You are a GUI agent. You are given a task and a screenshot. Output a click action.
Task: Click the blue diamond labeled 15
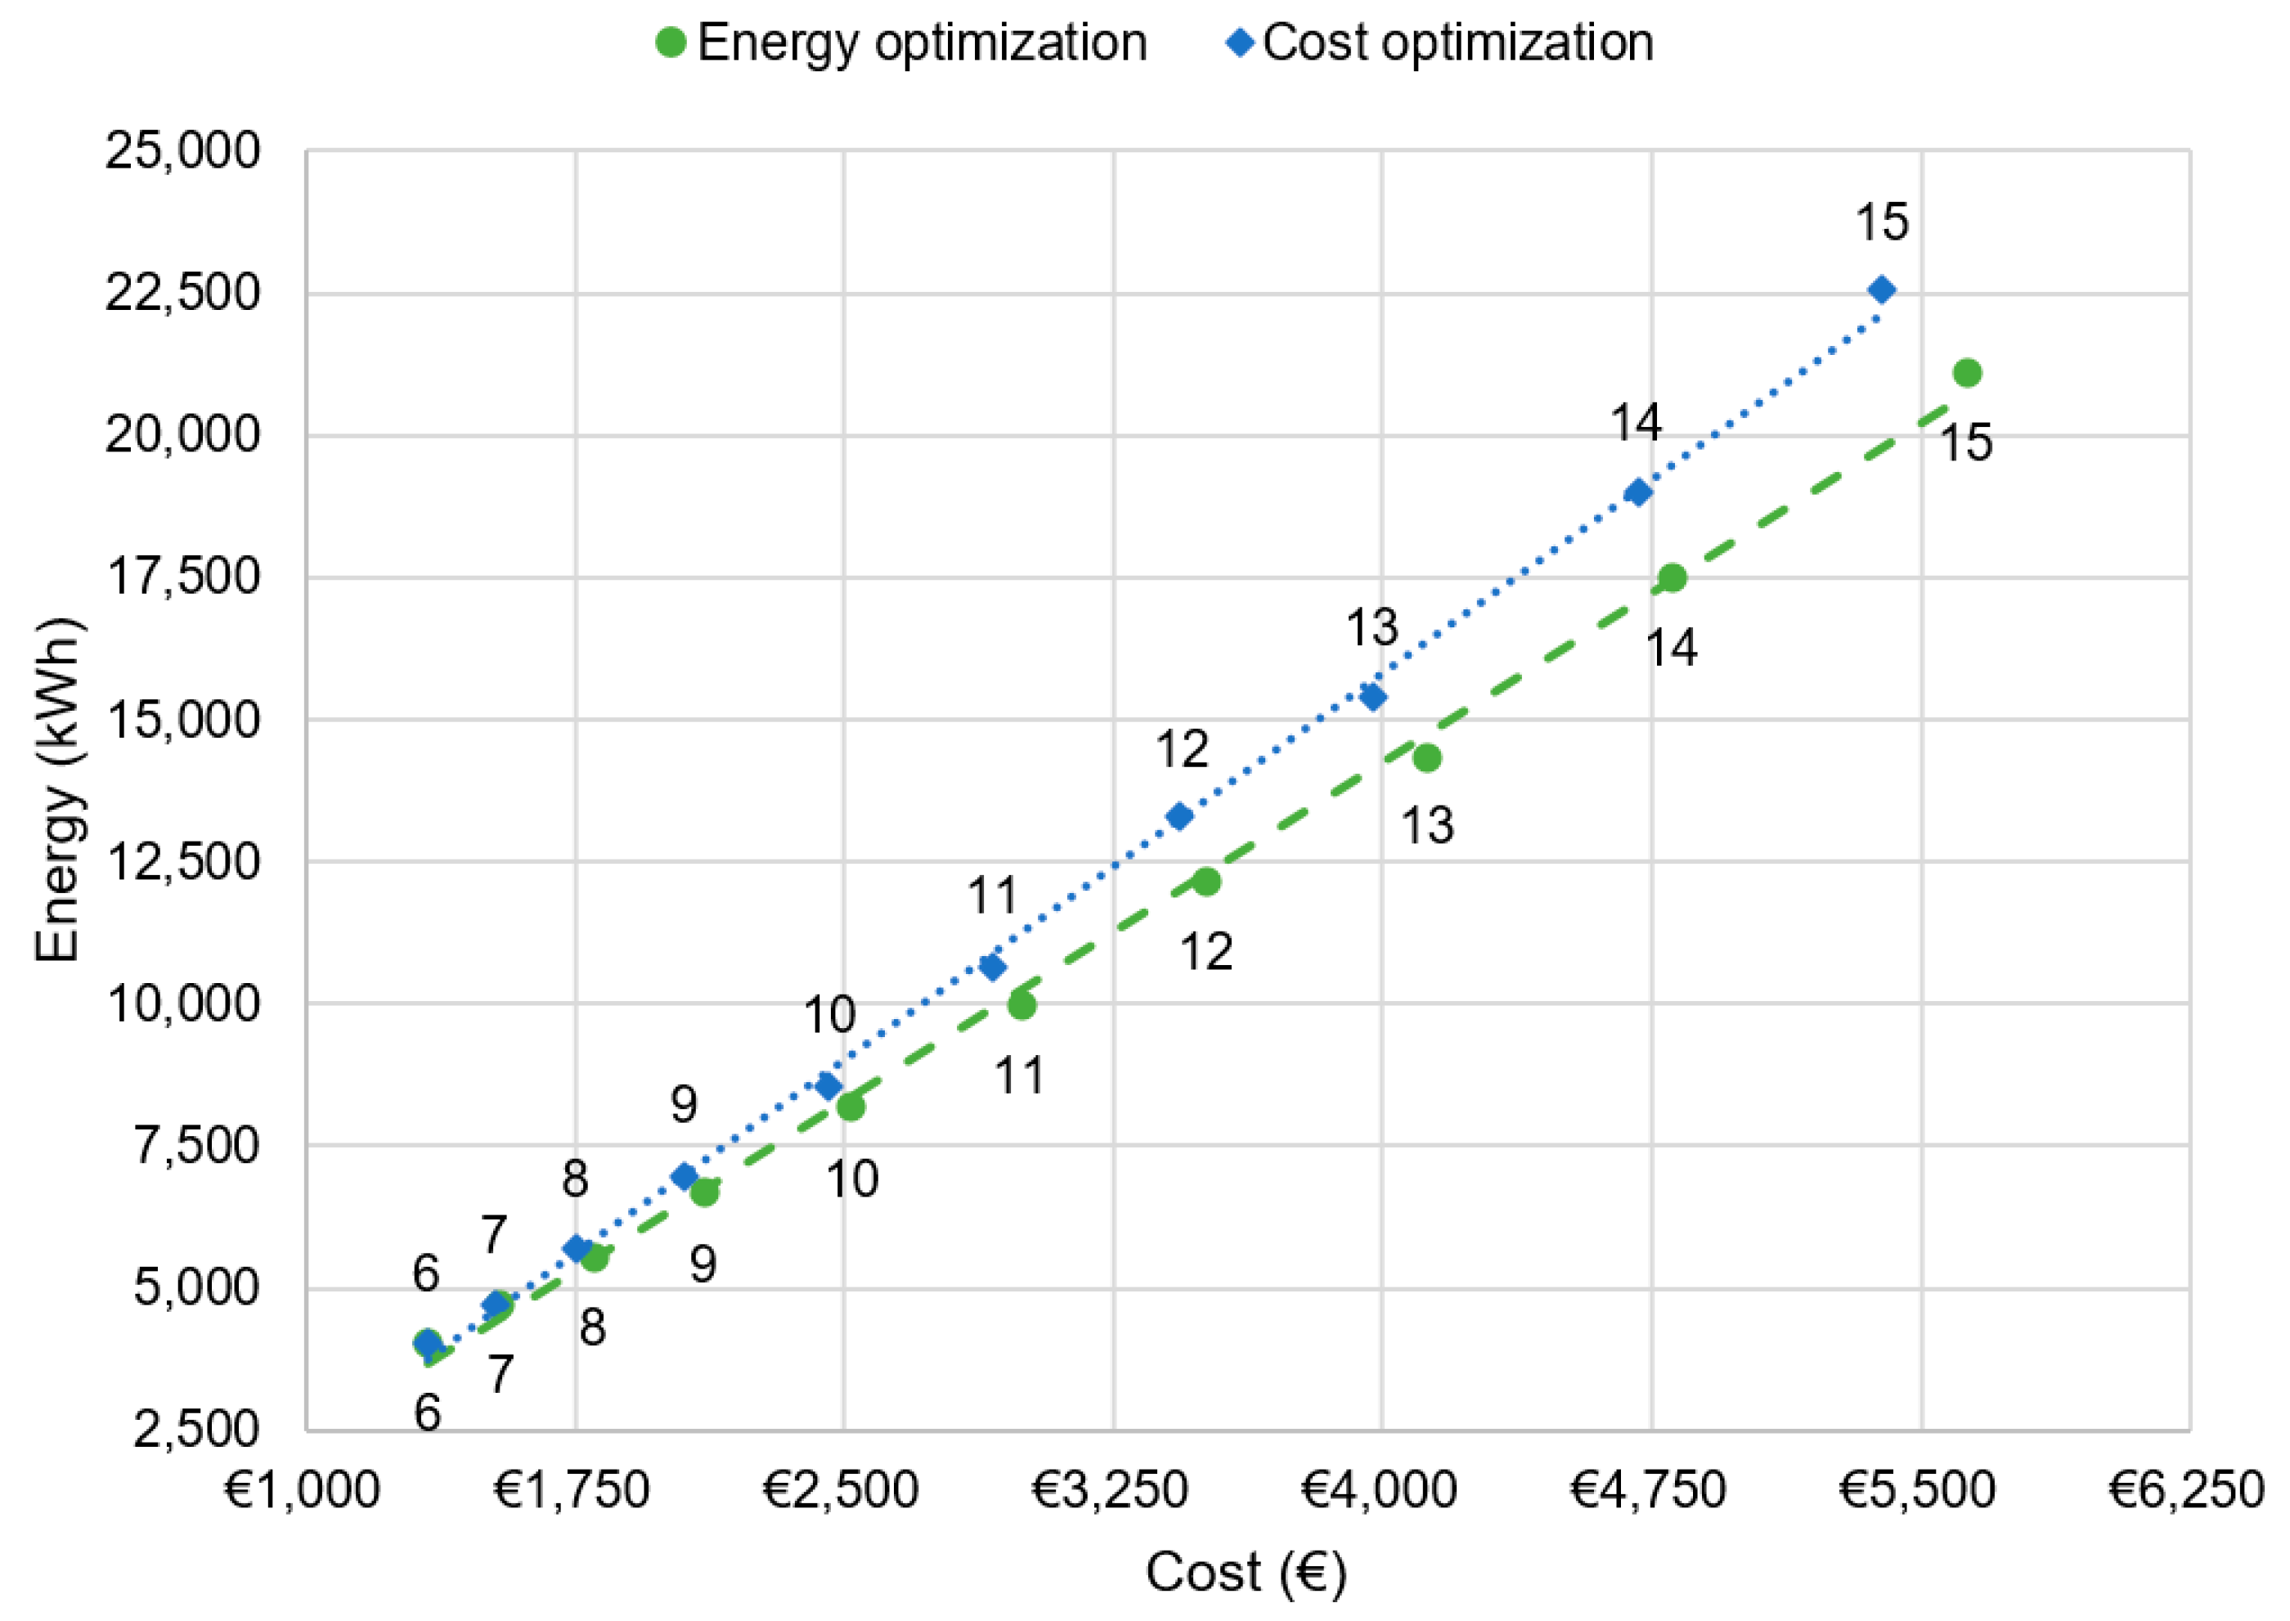1881,290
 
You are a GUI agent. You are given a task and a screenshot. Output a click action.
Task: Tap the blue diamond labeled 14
1637,492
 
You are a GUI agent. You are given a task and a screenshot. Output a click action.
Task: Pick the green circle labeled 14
1672,578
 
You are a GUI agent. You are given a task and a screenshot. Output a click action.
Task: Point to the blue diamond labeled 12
1179,816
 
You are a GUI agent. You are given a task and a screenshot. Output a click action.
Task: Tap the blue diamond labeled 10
828,1086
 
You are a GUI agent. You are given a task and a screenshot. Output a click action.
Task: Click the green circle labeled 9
704,1192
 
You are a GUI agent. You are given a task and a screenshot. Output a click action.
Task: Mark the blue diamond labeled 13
1372,697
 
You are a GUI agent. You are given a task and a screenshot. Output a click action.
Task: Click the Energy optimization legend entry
901,43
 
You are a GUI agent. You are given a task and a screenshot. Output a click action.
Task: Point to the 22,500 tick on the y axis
182,294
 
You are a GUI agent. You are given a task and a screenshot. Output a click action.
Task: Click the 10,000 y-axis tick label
182,1004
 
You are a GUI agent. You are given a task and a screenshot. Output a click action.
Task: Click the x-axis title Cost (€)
1245,1573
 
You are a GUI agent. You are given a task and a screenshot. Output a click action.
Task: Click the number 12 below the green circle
1206,952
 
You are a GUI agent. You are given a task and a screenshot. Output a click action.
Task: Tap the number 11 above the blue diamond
992,896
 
